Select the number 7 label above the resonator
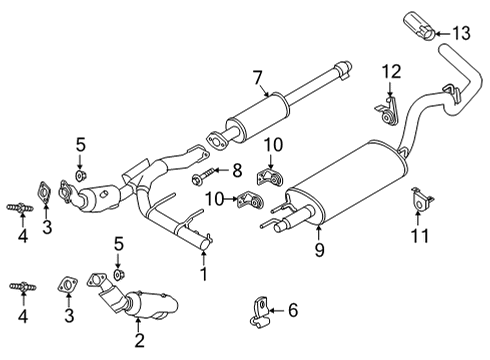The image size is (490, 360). [x=257, y=76]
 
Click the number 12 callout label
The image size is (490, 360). [x=391, y=71]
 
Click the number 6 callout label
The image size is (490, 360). [x=293, y=311]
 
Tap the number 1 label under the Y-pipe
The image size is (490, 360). [x=204, y=272]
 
